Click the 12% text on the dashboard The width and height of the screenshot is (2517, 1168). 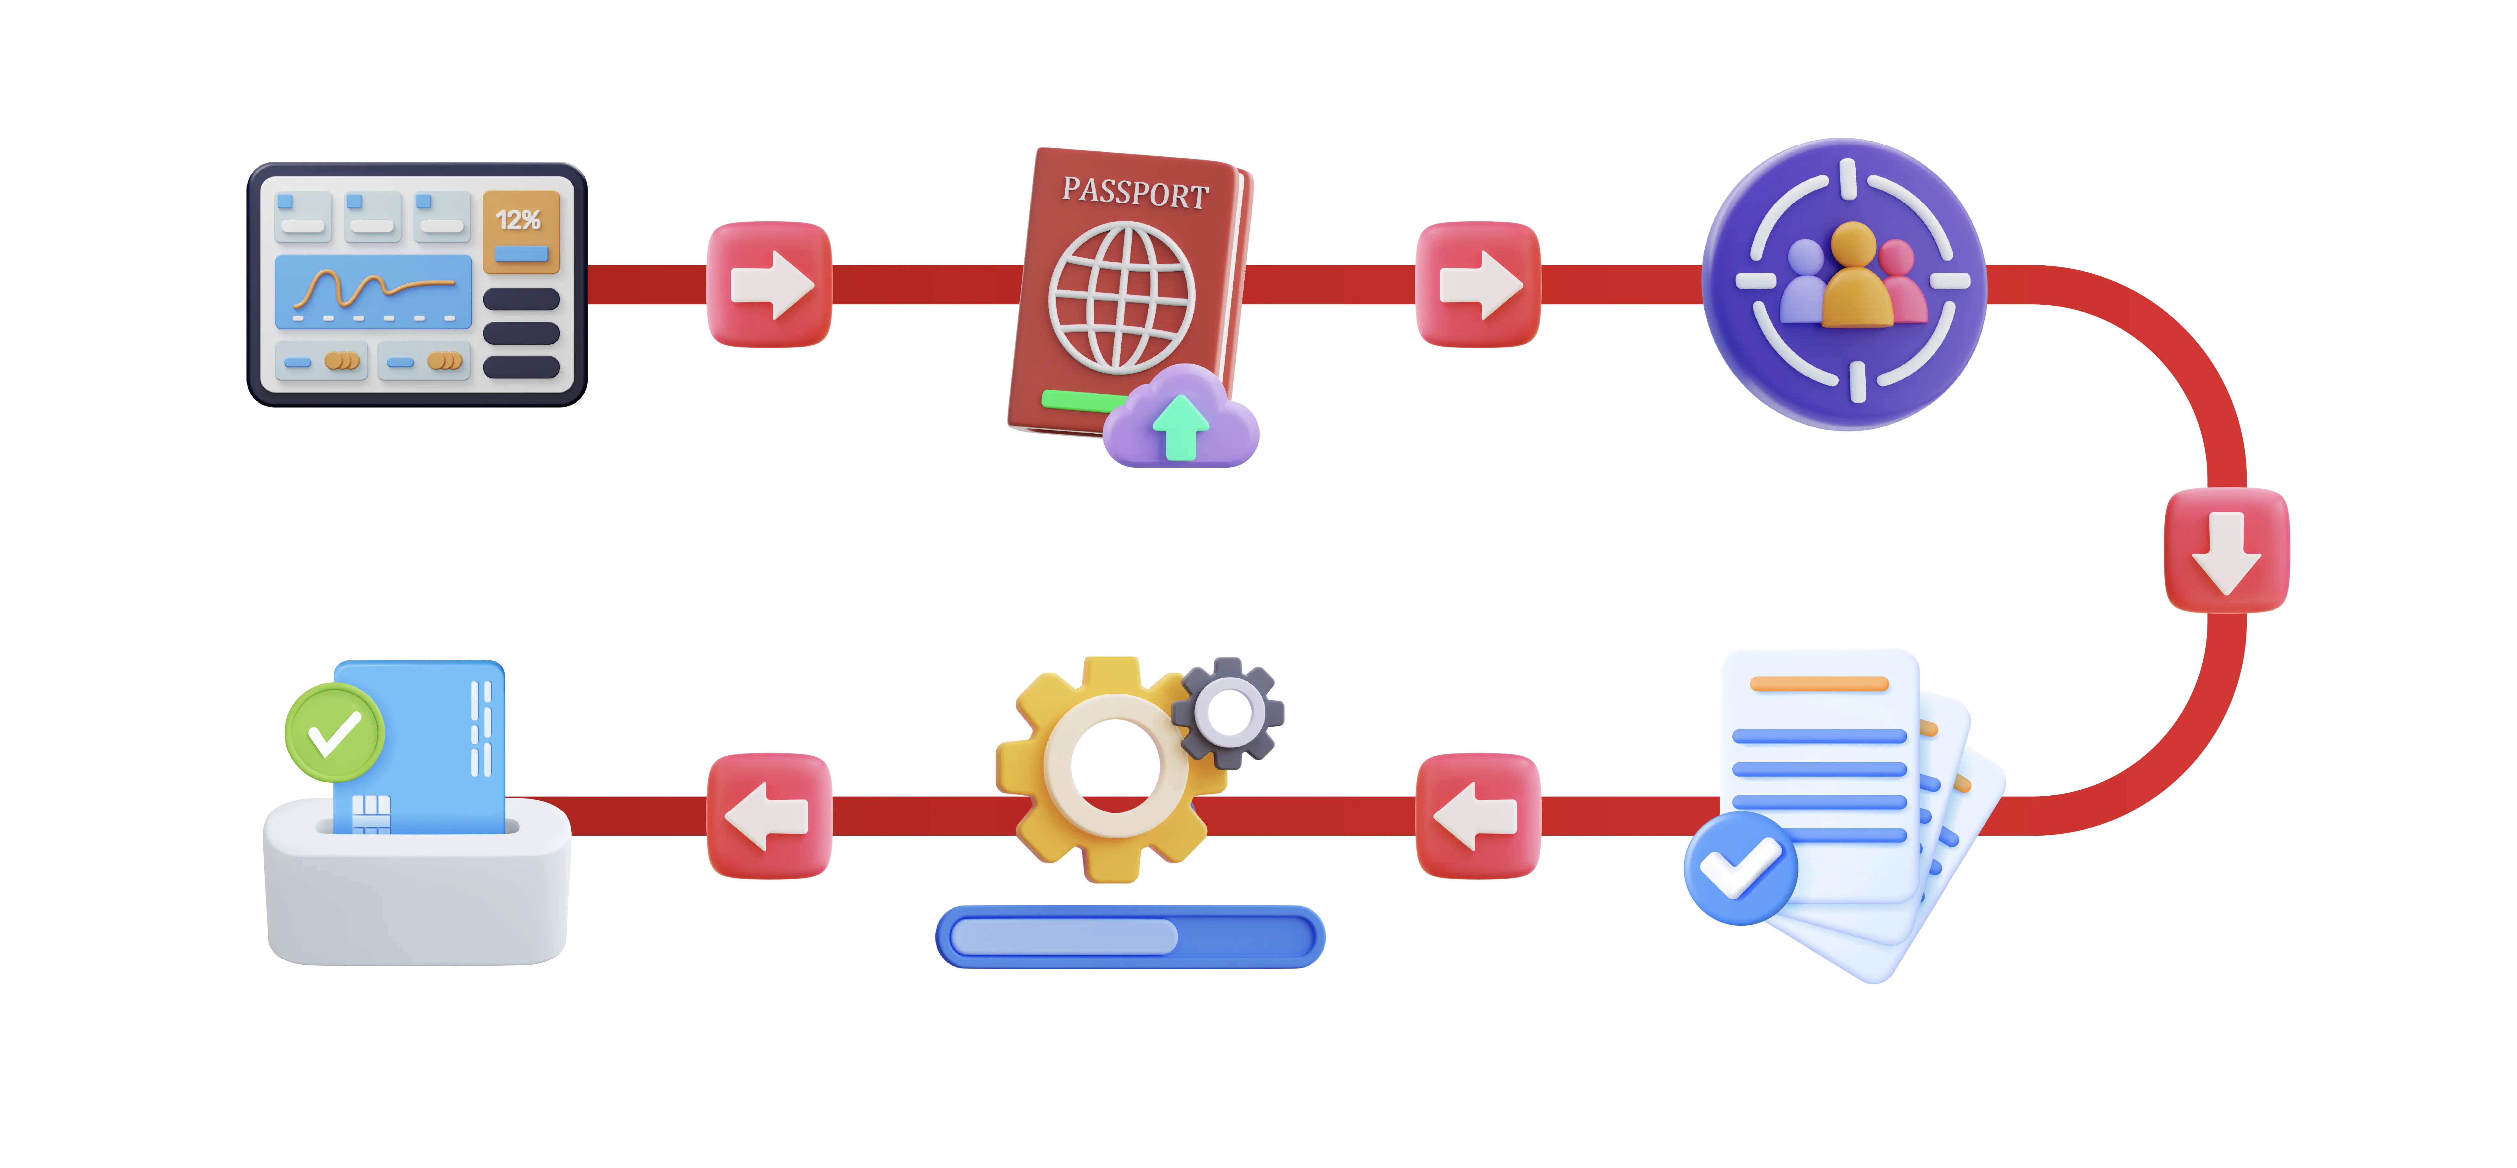coord(518,220)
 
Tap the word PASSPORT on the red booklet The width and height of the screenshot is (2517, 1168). coord(1135,192)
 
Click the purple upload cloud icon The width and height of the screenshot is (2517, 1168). coord(1180,418)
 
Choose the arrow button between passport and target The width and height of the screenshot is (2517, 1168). coord(1478,285)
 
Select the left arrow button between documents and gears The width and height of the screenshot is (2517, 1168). coord(1478,816)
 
